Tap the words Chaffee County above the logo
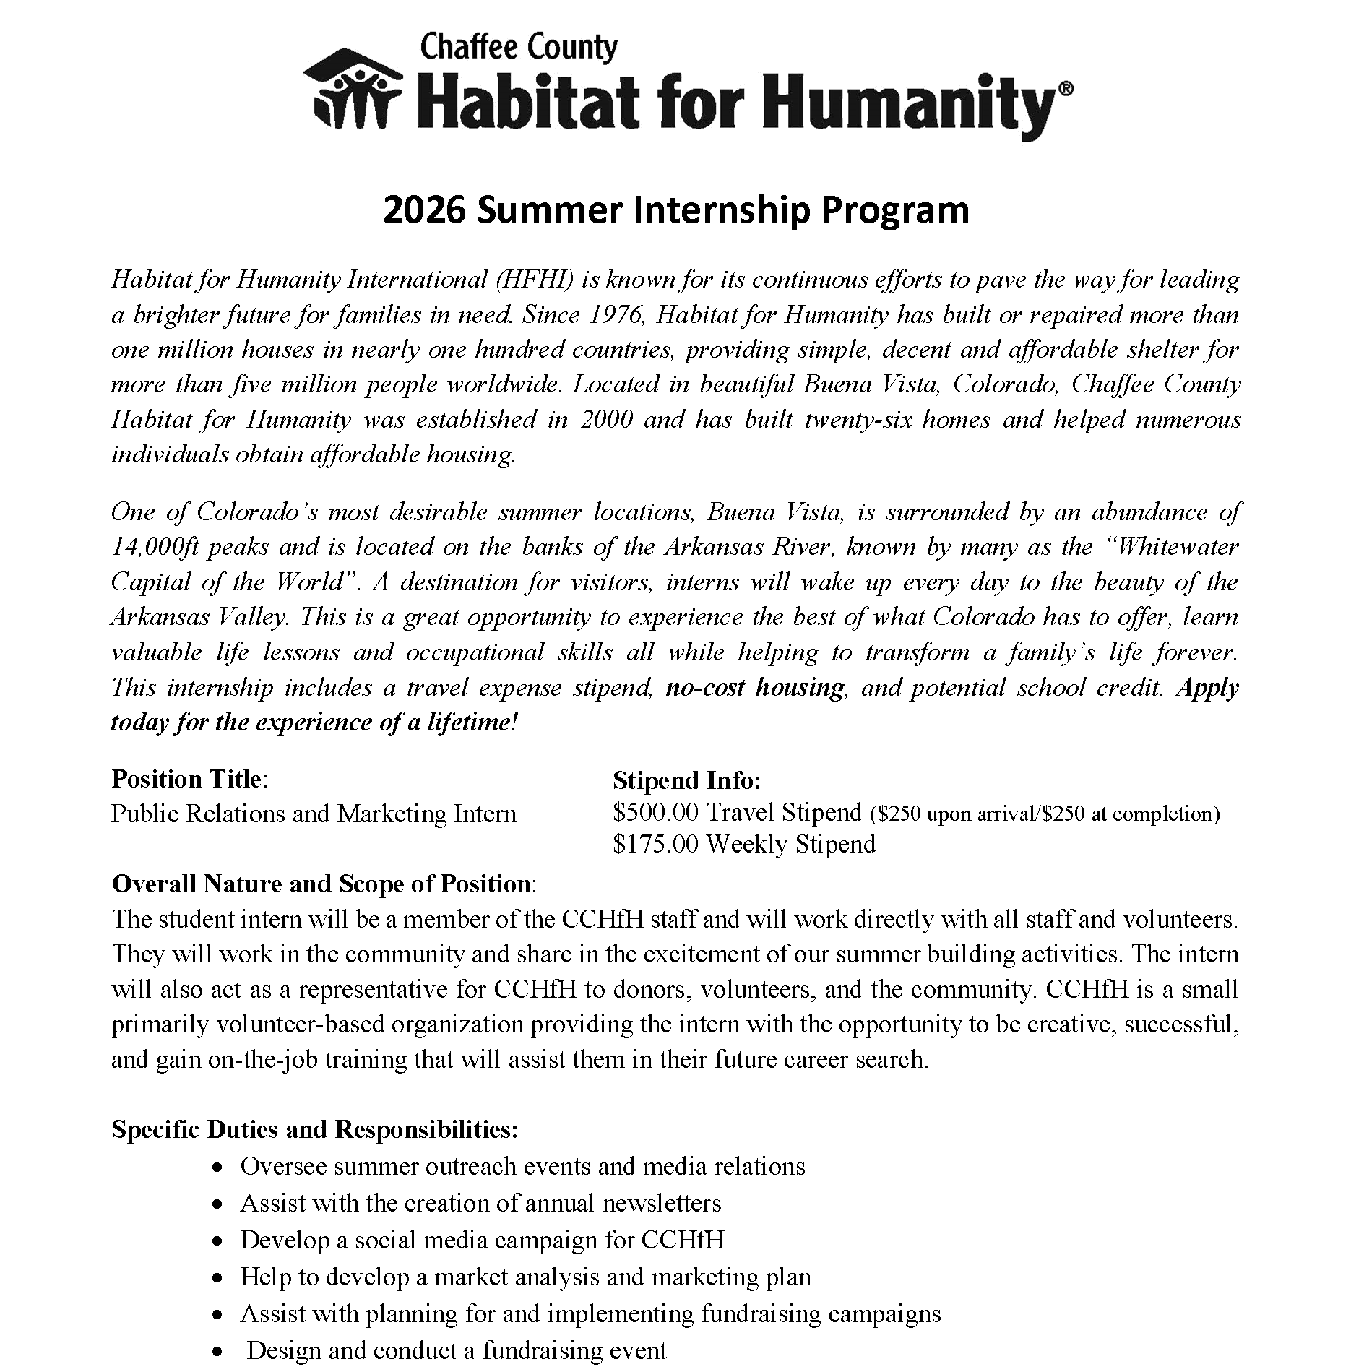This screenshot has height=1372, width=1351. click(x=518, y=48)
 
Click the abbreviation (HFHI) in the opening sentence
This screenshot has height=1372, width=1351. click(x=535, y=280)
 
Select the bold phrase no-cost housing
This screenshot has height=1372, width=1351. click(x=755, y=687)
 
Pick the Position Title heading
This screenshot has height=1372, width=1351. click(x=188, y=779)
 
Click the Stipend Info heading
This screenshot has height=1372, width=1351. click(x=686, y=780)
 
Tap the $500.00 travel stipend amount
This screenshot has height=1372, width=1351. click(x=655, y=813)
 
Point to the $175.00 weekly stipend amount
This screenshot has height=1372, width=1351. click(x=655, y=844)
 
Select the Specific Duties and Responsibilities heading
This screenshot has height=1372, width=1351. click(x=314, y=1129)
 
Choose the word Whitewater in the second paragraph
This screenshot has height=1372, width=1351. click(x=1174, y=547)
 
